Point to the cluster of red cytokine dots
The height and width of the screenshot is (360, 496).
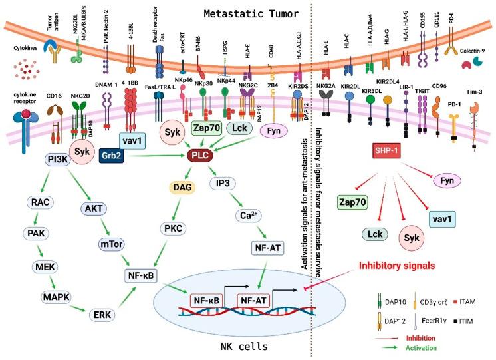26,72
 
